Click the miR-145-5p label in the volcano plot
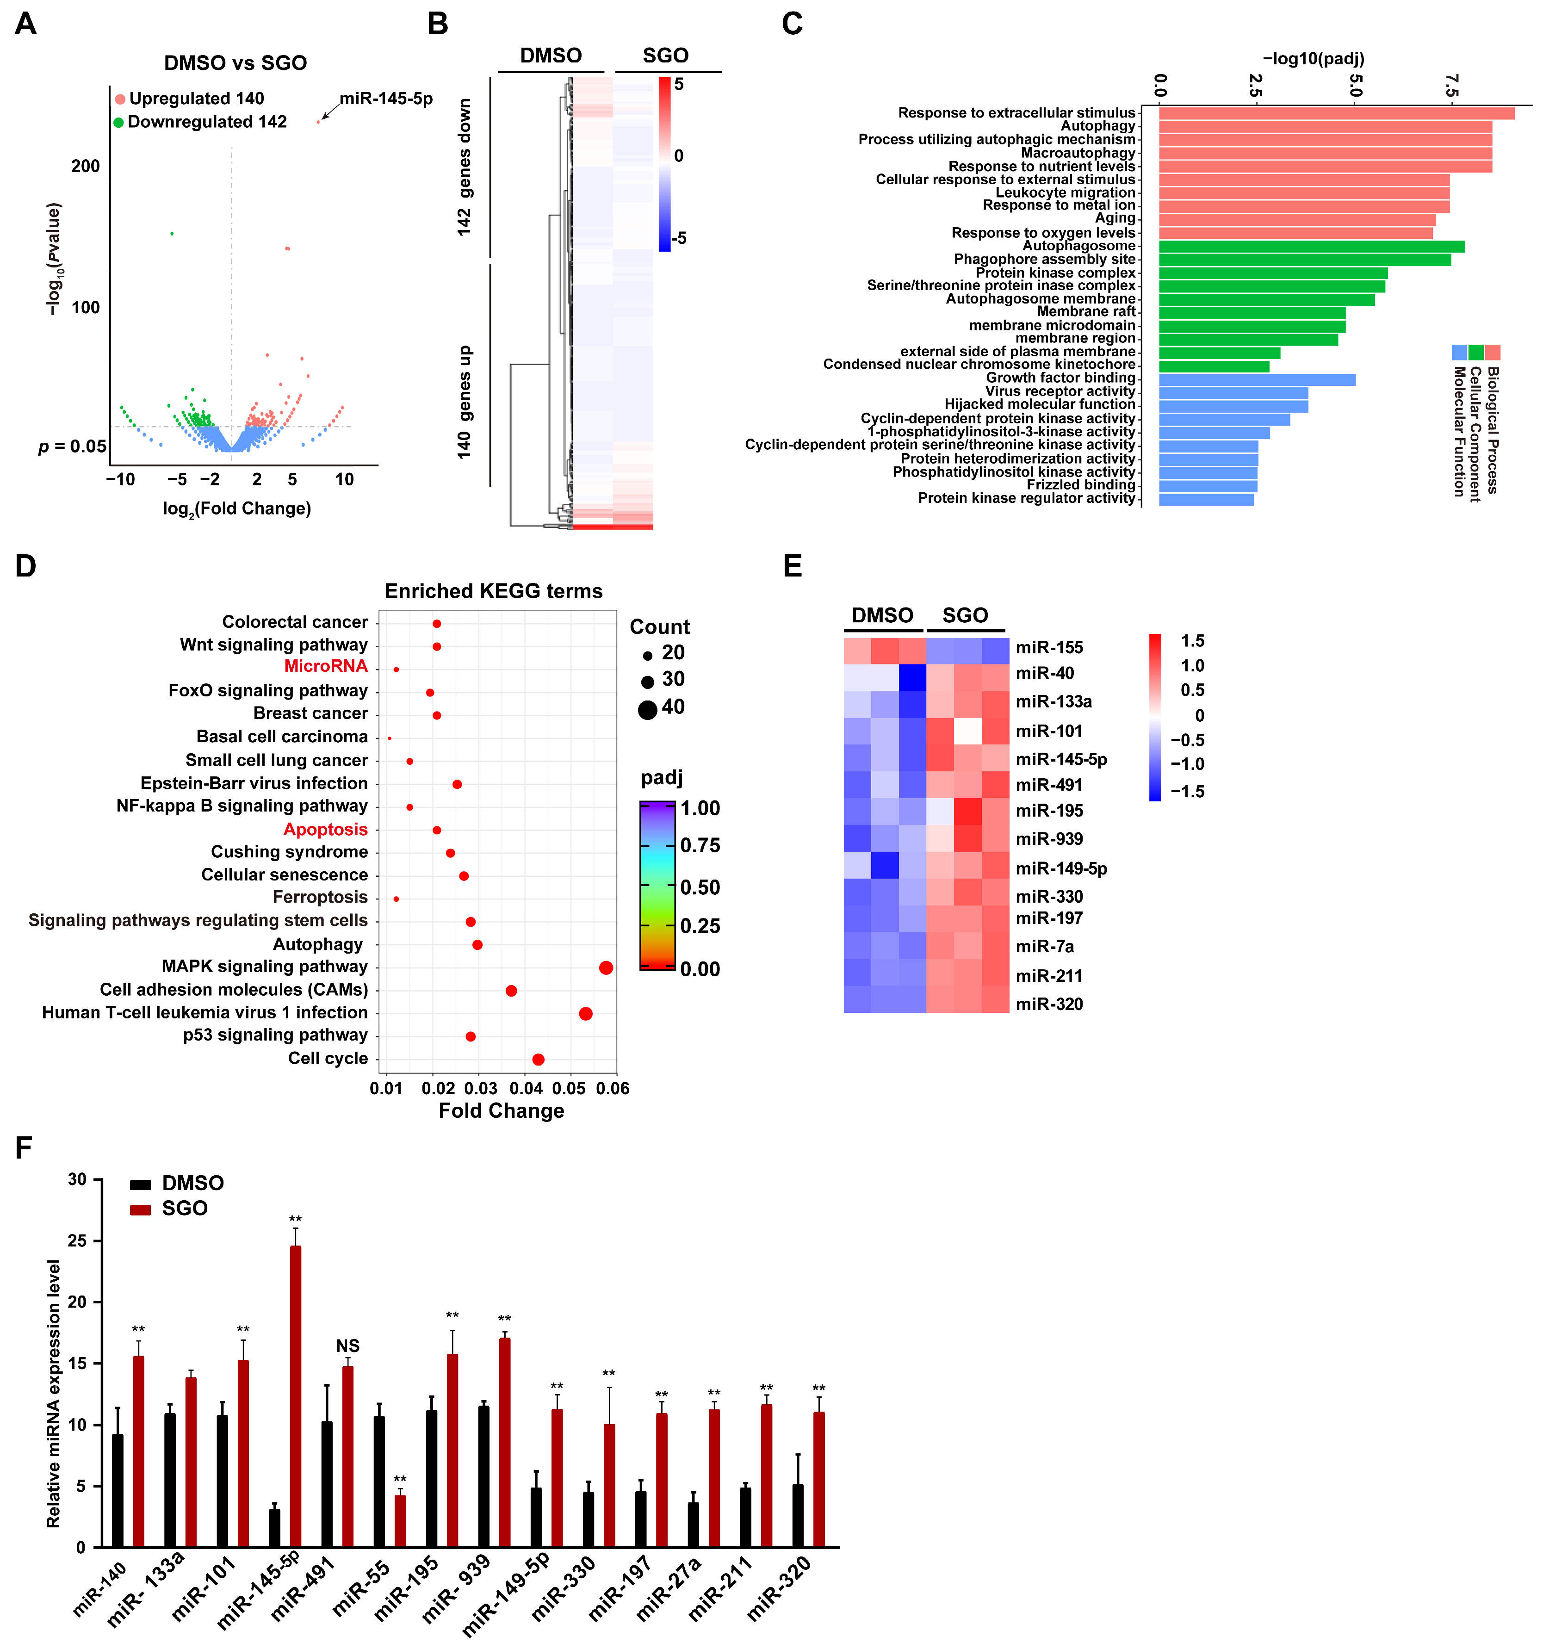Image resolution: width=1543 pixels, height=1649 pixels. [386, 99]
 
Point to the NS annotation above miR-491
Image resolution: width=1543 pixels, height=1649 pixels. [347, 1345]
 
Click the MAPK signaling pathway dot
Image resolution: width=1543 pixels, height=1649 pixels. [606, 967]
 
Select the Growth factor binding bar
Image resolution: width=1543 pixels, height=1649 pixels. [1257, 379]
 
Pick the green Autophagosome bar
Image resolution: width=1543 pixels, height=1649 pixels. [1312, 246]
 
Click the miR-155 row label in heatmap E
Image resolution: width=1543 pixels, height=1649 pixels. [1049, 648]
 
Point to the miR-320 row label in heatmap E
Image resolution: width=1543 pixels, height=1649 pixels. [1049, 1004]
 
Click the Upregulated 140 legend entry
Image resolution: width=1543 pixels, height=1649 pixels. [190, 99]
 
